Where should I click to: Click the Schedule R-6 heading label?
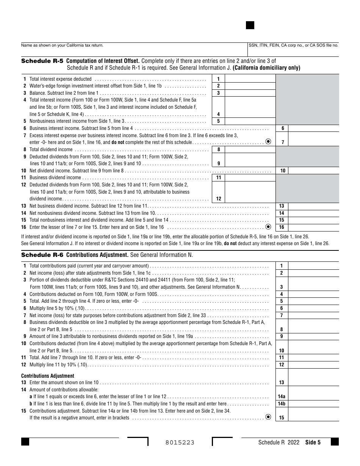click(x=42, y=255)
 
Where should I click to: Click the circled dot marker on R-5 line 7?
click(x=268, y=142)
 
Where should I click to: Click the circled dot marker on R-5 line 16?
click(x=268, y=227)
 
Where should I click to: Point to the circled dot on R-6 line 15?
click(x=268, y=417)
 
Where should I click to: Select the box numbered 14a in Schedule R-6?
click(x=282, y=397)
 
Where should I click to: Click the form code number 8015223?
click(x=180, y=443)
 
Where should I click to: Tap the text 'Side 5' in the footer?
click(x=313, y=442)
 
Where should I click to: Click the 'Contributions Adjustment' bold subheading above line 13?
click(x=48, y=376)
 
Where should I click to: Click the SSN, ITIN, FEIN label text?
click(x=293, y=45)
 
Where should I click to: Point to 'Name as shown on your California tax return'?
click(x=62, y=45)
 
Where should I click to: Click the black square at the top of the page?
click(x=250, y=25)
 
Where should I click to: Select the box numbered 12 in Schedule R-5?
click(x=218, y=199)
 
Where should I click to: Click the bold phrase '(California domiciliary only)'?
click(x=266, y=68)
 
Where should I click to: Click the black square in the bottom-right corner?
click(x=335, y=442)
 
